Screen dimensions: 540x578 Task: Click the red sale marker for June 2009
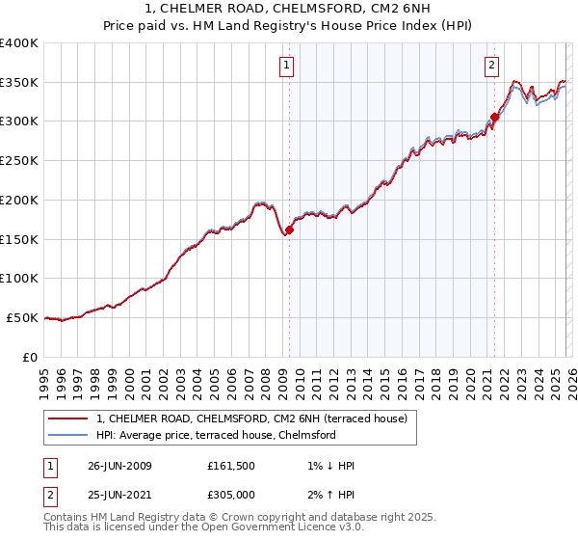(289, 229)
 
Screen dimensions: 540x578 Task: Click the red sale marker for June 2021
(494, 118)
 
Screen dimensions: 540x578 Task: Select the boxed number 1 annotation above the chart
(288, 66)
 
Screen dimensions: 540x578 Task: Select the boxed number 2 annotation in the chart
(491, 66)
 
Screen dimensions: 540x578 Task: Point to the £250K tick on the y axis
(19, 160)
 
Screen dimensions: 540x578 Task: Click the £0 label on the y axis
(31, 357)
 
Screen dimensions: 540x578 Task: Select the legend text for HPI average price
(216, 435)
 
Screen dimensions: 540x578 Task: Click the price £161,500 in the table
(230, 466)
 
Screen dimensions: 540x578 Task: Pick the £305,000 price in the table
(230, 495)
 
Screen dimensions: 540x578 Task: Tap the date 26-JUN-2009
(119, 466)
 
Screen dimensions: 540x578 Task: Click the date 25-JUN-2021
(119, 495)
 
